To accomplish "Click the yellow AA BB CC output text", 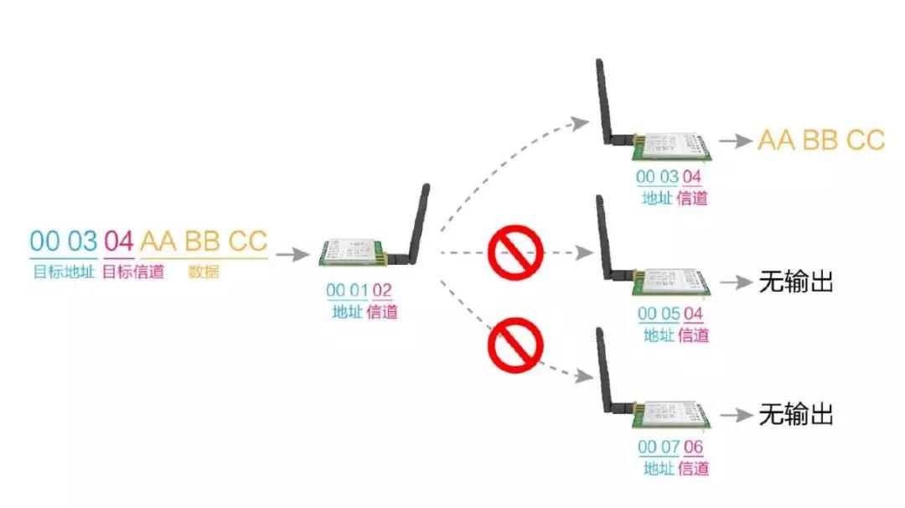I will [821, 140].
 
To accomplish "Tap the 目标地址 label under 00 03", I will [64, 272].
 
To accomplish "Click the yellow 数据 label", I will [204, 272].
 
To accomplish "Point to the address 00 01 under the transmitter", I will [347, 291].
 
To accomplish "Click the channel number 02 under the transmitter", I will [382, 291].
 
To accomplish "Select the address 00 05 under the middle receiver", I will [658, 314].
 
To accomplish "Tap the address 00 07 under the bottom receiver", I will [658, 447].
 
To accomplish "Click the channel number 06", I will [694, 447].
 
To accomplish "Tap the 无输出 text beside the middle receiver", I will [796, 283].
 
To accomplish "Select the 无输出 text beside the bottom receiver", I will [796, 414].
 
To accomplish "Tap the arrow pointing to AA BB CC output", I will [736, 141].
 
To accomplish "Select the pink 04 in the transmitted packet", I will [118, 241].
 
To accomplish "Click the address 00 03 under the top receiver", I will [657, 177].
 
